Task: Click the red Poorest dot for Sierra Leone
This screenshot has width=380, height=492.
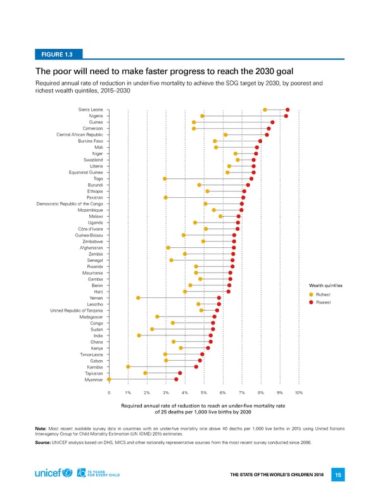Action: (x=288, y=110)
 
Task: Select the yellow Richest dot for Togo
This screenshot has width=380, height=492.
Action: (x=165, y=179)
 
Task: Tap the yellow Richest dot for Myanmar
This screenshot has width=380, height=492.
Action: (x=109, y=379)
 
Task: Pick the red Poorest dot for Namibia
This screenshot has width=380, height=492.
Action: (x=196, y=366)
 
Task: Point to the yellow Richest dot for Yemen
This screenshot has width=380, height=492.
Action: (x=138, y=297)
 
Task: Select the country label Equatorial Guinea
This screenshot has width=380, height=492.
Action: (x=86, y=172)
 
